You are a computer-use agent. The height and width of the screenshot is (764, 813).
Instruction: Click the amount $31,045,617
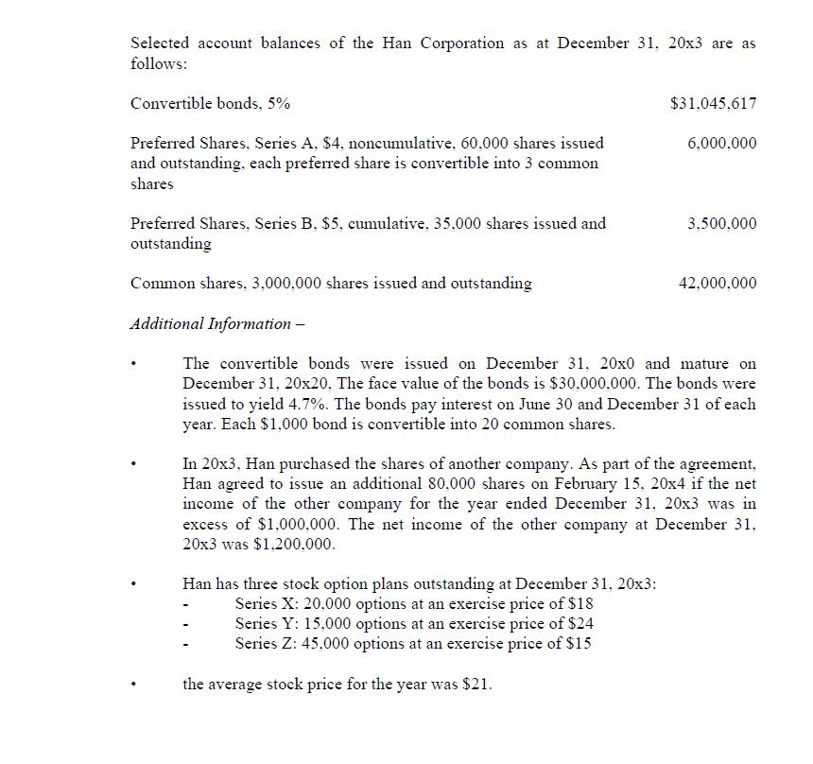[712, 103]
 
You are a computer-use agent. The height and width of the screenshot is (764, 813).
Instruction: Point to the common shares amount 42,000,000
[718, 283]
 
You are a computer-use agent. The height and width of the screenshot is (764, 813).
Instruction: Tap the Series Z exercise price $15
[580, 644]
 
